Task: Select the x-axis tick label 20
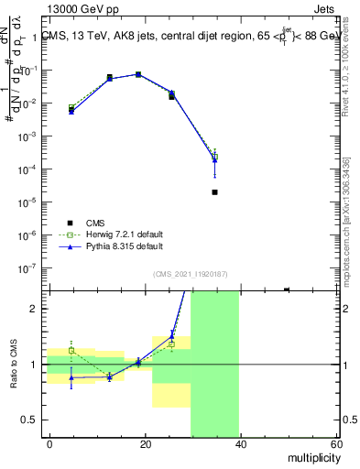point(145,444)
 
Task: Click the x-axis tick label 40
point(240,444)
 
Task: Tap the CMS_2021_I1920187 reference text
point(191,273)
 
